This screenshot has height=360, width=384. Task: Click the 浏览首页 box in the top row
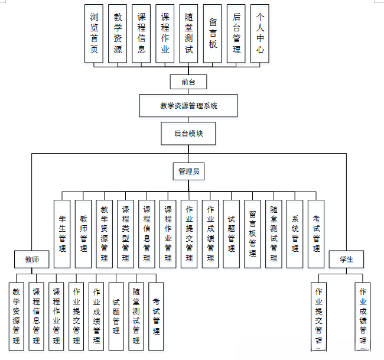coord(94,34)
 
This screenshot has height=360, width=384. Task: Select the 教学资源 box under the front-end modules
coord(118,34)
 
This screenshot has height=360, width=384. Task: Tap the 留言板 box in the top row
coord(212,34)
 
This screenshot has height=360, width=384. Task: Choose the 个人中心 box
coord(259,34)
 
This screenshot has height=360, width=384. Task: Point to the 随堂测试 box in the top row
coord(188,34)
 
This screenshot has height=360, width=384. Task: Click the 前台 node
coord(188,82)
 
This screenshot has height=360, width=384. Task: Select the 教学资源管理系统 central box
coord(188,106)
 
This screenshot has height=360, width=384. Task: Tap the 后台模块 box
coord(188,134)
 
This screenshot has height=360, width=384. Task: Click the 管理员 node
coord(188,171)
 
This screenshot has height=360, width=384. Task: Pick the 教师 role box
coord(32,259)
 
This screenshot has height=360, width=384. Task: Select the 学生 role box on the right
coord(346,259)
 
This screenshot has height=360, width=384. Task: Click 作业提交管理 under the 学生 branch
coord(319,316)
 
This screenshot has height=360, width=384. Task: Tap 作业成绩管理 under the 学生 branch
coord(363,316)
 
